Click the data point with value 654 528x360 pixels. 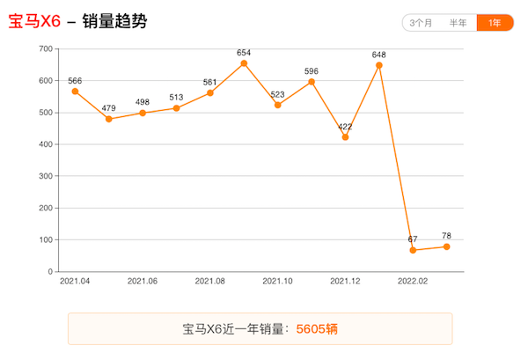tap(244, 63)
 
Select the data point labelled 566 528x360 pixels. tap(75, 92)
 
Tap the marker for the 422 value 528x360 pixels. tap(345, 137)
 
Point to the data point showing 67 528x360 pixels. tap(413, 250)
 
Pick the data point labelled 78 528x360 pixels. tap(446, 246)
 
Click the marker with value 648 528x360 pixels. tap(379, 65)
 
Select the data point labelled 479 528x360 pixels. tap(109, 119)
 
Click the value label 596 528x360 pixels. tap(312, 70)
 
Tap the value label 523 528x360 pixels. tap(277, 94)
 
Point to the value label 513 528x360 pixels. tap(176, 97)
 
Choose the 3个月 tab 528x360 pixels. tap(421, 23)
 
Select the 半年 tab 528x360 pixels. tap(458, 23)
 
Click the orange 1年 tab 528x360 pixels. tap(495, 23)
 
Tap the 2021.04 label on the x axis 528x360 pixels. tap(75, 282)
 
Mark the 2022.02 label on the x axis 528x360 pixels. tap(413, 282)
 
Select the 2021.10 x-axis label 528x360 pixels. tap(277, 282)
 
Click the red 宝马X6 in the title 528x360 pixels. tap(34, 21)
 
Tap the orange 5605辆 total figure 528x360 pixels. tap(317, 329)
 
